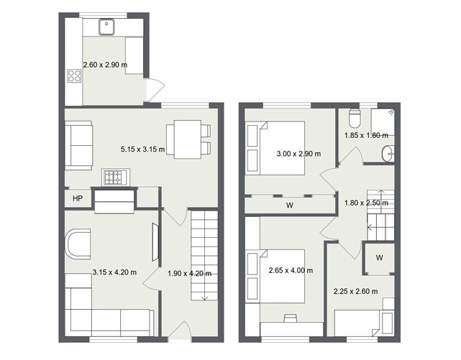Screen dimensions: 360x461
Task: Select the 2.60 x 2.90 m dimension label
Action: (105, 65)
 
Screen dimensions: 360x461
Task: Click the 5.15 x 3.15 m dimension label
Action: (142, 149)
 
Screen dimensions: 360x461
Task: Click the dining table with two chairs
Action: (182, 139)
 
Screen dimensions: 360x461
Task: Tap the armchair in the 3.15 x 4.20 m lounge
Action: (78, 244)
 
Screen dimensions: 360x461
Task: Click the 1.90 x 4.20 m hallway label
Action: (188, 273)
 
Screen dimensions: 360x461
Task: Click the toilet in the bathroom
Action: (353, 117)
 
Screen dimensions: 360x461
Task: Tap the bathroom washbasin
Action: (389, 152)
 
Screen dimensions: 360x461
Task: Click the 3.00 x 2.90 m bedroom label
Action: (298, 153)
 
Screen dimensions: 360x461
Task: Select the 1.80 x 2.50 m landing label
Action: (366, 203)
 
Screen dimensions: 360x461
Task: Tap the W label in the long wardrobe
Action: (290, 205)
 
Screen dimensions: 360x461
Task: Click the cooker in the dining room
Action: (114, 177)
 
